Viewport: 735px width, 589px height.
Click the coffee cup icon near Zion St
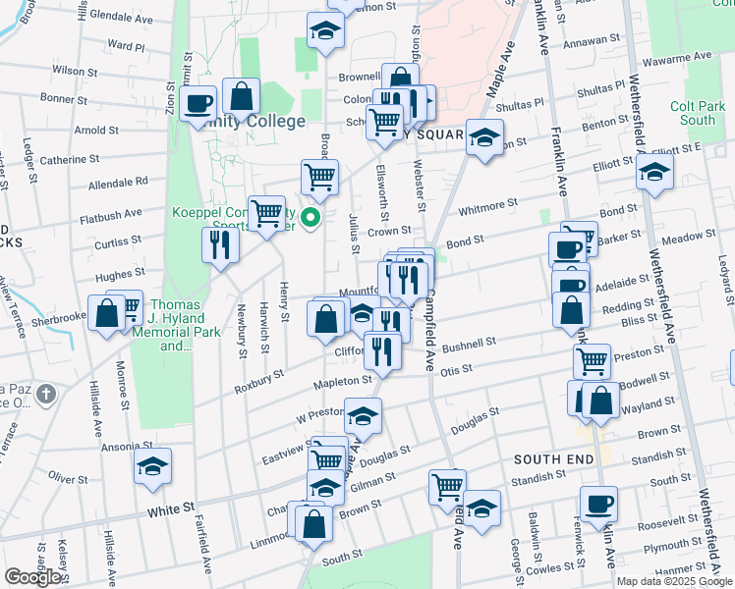point(198,103)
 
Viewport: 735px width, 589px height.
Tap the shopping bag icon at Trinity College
point(241,96)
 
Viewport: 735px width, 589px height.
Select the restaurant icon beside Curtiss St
point(220,244)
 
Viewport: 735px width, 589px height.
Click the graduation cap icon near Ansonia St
point(152,466)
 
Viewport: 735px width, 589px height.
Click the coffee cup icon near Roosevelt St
point(598,505)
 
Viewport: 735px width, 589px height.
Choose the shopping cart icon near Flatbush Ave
point(266,213)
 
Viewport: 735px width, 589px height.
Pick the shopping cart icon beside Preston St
point(592,361)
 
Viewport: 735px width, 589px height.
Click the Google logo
point(33,577)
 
